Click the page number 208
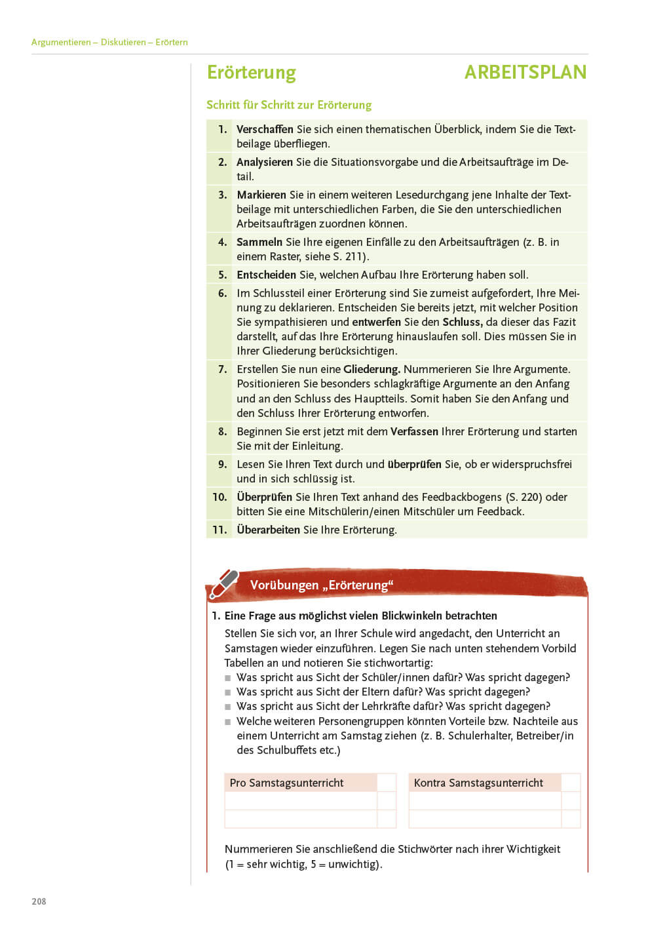pos(39,901)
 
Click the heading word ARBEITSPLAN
pos(525,72)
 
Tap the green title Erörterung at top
pos(252,72)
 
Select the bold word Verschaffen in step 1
pos(265,129)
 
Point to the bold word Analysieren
pos(265,162)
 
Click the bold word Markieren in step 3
pos(261,195)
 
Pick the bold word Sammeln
pos(259,242)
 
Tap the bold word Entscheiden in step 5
pos(266,275)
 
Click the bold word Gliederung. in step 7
pos(372,369)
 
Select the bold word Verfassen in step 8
pos(414,431)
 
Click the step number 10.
pos(219,497)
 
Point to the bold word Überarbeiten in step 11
pos(269,530)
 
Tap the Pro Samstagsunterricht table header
pos(286,783)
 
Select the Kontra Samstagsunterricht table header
pos(478,783)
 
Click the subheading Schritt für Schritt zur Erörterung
pos(289,105)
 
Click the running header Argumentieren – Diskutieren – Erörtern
pos(109,42)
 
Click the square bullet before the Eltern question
pos(228,692)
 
